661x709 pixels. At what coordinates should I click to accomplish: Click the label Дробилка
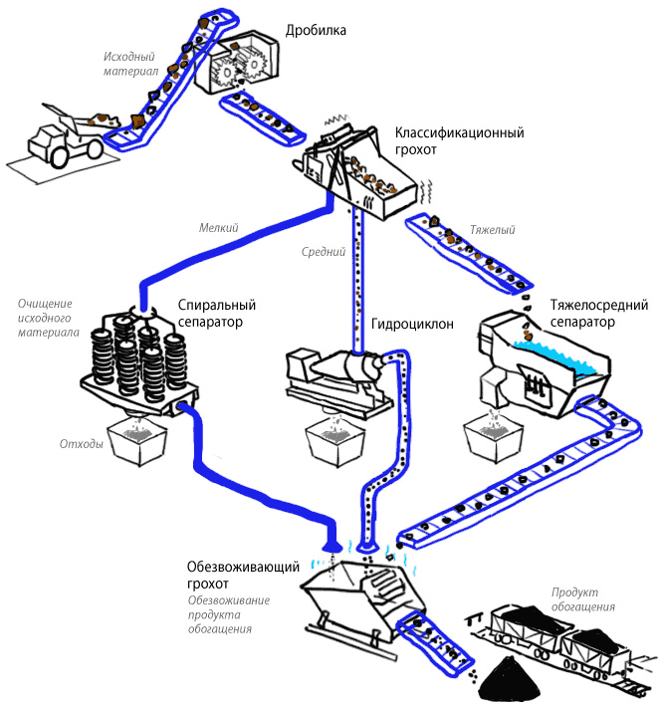[316, 31]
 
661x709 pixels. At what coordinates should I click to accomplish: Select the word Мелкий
[219, 228]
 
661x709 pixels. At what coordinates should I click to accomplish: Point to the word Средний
[323, 252]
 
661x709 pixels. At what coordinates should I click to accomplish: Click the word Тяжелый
[492, 231]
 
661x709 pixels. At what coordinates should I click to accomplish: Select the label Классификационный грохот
[459, 141]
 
